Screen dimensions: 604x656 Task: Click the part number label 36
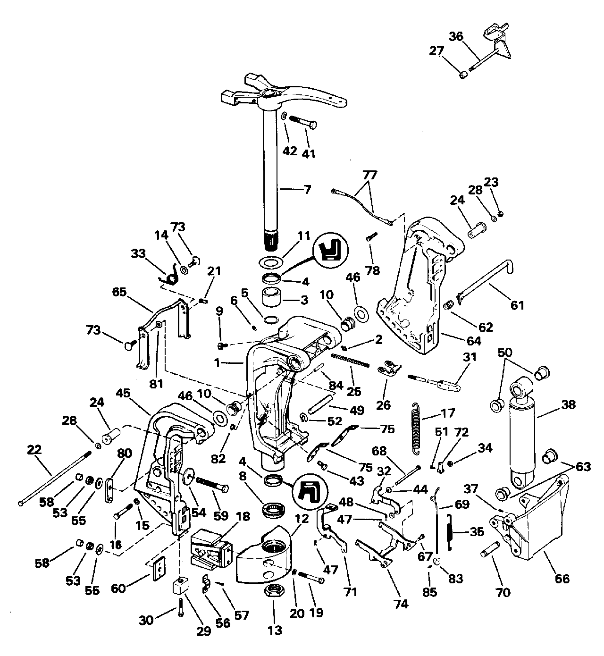click(x=456, y=37)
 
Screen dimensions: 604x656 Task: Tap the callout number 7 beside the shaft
click(x=307, y=190)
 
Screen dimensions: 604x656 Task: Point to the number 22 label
click(x=34, y=450)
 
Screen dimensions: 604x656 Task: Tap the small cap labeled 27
click(x=463, y=75)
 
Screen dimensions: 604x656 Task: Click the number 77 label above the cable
click(x=369, y=176)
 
